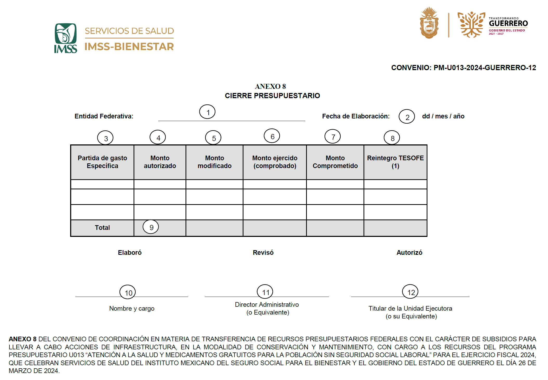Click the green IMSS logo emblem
click(x=65, y=38)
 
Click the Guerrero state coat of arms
click(x=429, y=23)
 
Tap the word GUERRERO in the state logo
click(x=508, y=24)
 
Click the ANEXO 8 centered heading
click(x=270, y=86)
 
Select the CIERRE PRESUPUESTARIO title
click(x=272, y=96)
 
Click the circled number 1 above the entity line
click(x=207, y=112)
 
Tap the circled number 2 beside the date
click(x=407, y=117)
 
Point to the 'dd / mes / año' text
click(x=443, y=116)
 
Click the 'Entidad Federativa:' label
click(x=104, y=116)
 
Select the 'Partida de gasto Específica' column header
click(x=102, y=162)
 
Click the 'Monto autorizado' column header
click(x=160, y=162)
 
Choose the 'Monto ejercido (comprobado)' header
click(x=275, y=162)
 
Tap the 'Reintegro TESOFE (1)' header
click(x=395, y=162)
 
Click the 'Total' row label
click(x=102, y=228)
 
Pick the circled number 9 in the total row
click(x=151, y=227)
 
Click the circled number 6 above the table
click(x=272, y=136)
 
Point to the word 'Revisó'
click(x=263, y=252)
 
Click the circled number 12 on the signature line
click(x=410, y=292)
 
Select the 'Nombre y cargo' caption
click(x=132, y=308)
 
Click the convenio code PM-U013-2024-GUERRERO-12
click(x=485, y=68)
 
